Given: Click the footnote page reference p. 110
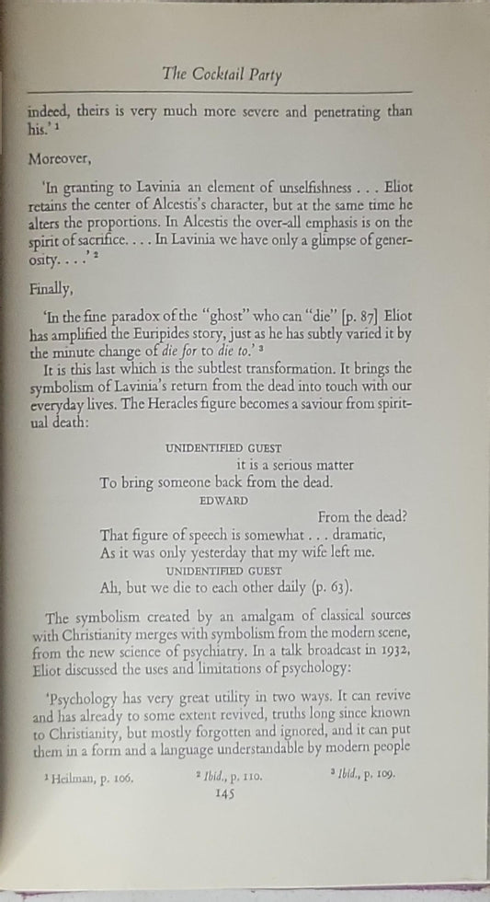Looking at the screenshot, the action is pos(245,777).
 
